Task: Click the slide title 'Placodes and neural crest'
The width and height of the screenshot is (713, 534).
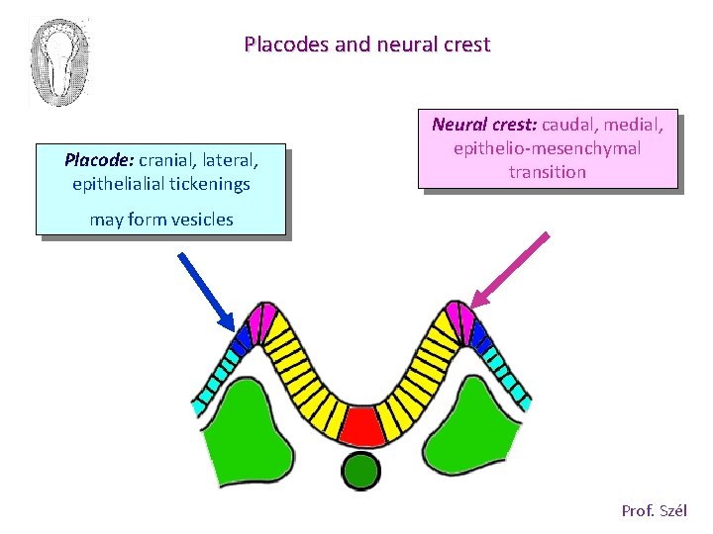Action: pyautogui.click(x=366, y=44)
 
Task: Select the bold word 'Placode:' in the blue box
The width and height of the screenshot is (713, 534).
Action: pyautogui.click(x=99, y=160)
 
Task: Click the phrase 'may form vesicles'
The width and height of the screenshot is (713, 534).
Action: pyautogui.click(x=161, y=220)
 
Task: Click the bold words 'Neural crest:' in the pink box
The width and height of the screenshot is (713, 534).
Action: pyautogui.click(x=484, y=125)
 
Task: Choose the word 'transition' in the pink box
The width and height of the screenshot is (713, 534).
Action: pyautogui.click(x=548, y=172)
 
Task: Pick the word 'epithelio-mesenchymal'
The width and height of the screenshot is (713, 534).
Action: pyautogui.click(x=548, y=148)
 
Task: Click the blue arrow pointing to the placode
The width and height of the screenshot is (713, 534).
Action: pyautogui.click(x=205, y=290)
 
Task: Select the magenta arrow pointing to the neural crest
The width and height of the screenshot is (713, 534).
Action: pyautogui.click(x=512, y=270)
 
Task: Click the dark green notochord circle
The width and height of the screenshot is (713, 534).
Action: pyautogui.click(x=361, y=470)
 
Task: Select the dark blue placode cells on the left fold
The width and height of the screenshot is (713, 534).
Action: pyautogui.click(x=241, y=339)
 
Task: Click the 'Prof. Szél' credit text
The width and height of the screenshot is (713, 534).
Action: pyautogui.click(x=654, y=511)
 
